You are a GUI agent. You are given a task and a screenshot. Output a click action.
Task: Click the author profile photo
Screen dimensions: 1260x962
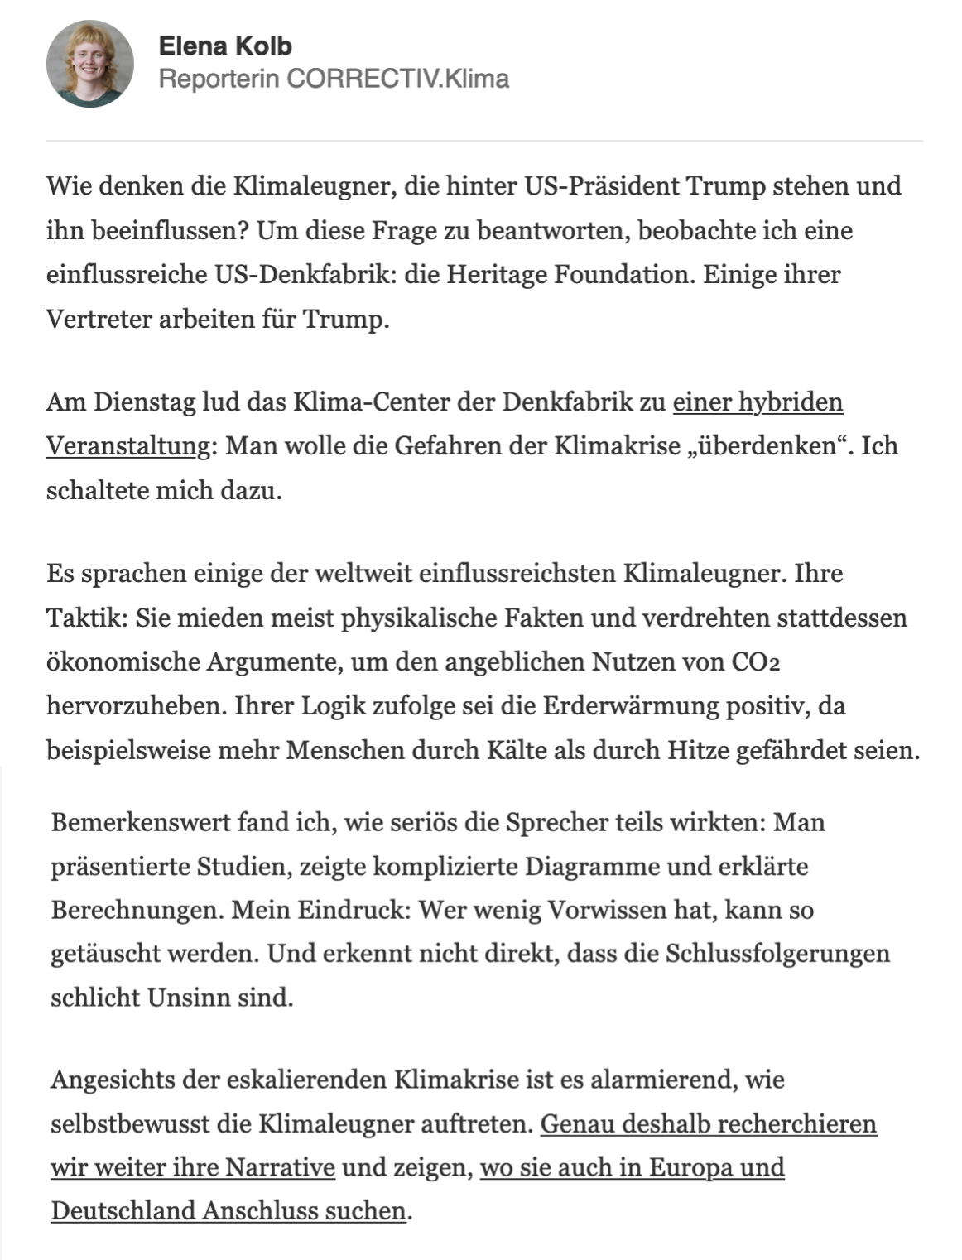pyautogui.click(x=89, y=64)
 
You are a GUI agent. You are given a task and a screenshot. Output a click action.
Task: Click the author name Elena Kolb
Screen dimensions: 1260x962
pyautogui.click(x=225, y=46)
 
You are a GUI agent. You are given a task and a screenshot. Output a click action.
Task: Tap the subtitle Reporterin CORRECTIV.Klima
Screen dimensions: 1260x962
pyautogui.click(x=333, y=79)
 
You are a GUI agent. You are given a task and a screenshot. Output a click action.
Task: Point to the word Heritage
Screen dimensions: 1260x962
pyautogui.click(x=495, y=274)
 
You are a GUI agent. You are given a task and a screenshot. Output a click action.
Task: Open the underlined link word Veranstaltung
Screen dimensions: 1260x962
pyautogui.click(x=128, y=446)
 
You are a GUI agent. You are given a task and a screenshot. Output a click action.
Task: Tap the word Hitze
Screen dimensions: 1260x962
pyautogui.click(x=700, y=751)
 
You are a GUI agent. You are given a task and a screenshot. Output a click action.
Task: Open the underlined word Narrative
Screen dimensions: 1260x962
pyautogui.click(x=280, y=1167)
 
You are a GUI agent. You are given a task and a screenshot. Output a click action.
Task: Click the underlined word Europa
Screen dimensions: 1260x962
pyautogui.click(x=690, y=1167)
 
